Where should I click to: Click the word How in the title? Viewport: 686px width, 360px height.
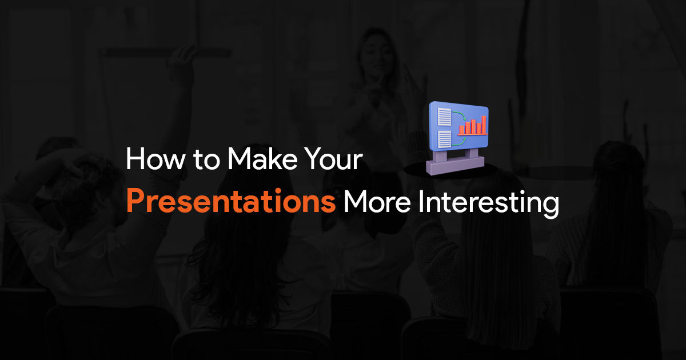155,159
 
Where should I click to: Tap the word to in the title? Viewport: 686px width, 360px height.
206,160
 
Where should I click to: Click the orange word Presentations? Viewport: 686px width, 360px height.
231,201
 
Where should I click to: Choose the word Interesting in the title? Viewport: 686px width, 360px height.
488,204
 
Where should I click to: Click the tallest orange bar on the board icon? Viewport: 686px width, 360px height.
484,125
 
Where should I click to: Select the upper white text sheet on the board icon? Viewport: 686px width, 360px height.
444,117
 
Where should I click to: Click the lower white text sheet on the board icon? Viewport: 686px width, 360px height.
445,139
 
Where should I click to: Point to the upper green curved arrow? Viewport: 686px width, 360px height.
460,115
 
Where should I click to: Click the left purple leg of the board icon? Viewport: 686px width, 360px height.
440,156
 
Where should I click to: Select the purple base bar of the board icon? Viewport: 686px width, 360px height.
456,166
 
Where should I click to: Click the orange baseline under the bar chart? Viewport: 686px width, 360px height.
473,134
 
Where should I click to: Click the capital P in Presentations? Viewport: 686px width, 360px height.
135,201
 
